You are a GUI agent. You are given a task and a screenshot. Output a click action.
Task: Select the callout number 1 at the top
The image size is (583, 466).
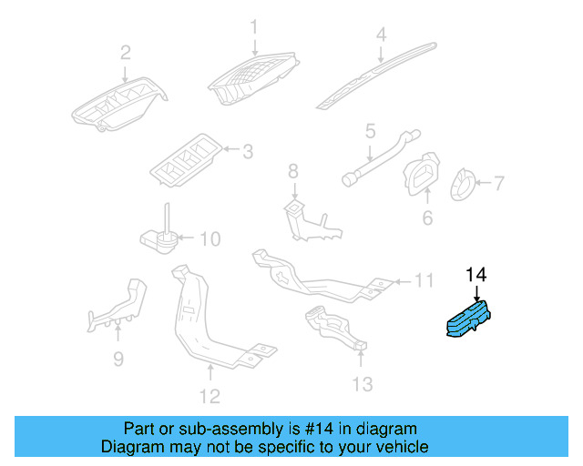(254, 26)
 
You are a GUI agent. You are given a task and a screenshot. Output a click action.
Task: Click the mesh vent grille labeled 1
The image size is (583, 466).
(251, 81)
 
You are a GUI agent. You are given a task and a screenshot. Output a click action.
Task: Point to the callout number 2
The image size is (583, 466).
(125, 52)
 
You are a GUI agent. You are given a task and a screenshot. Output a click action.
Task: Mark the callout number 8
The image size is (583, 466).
(292, 170)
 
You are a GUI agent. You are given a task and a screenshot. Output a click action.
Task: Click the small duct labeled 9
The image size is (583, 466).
(115, 307)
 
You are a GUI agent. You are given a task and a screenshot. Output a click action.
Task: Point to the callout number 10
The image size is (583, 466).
(209, 239)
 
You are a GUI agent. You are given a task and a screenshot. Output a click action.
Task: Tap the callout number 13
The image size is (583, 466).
(362, 384)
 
